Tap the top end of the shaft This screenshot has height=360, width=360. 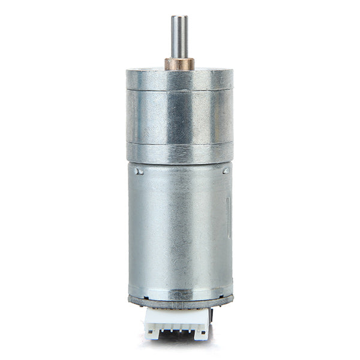tap(179, 17)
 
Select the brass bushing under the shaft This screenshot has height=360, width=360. tap(179, 64)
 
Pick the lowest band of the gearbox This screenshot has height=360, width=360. tap(179, 152)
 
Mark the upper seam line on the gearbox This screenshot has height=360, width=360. tap(179, 90)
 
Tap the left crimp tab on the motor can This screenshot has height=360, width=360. tap(140, 170)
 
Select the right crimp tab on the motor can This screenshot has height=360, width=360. tap(226, 171)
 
